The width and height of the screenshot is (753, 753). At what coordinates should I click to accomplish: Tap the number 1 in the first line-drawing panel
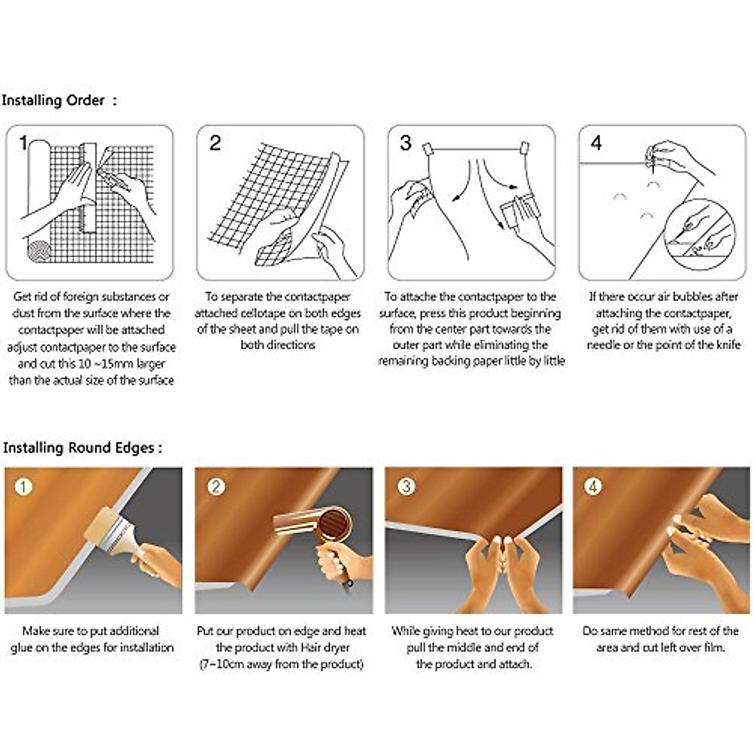[x=23, y=143]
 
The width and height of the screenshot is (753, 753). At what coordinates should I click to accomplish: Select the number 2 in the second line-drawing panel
[x=215, y=143]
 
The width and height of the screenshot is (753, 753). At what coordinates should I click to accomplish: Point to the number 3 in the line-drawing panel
[x=405, y=143]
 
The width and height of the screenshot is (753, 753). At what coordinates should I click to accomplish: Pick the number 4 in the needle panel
[x=596, y=143]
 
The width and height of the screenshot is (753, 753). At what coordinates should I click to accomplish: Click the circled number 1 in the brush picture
[x=23, y=487]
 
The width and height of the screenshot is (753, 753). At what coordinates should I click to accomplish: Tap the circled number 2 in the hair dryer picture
[x=216, y=487]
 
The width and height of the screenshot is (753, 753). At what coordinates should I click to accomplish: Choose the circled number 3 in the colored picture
[x=407, y=487]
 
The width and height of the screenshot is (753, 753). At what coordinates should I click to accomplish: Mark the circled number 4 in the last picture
[x=593, y=487]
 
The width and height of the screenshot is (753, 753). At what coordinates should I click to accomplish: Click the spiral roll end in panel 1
[x=40, y=251]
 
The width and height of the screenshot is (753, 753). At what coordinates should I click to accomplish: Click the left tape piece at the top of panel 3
[x=427, y=149]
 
